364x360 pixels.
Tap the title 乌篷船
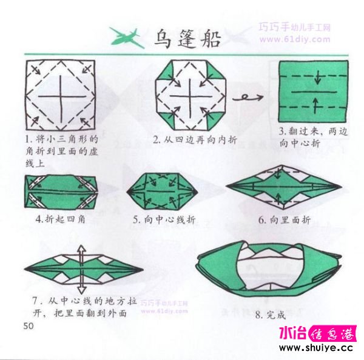coord(187,39)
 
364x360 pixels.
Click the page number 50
coord(29,326)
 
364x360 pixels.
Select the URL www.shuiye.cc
coord(316,348)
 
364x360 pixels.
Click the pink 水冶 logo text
coord(292,333)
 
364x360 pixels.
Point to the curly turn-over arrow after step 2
coord(248,98)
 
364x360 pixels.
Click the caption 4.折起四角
coord(61,219)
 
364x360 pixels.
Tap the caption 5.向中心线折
coord(164,219)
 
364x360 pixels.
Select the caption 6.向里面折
coord(285,219)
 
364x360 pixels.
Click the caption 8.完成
coord(270,315)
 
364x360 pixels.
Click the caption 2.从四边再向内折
coord(195,139)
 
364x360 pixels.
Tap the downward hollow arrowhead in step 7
coord(81,290)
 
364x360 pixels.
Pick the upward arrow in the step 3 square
coord(315,105)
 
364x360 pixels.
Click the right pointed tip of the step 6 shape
coord(342,186)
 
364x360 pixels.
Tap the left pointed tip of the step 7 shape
coord(25,269)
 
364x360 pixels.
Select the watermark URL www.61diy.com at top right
coord(295,39)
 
